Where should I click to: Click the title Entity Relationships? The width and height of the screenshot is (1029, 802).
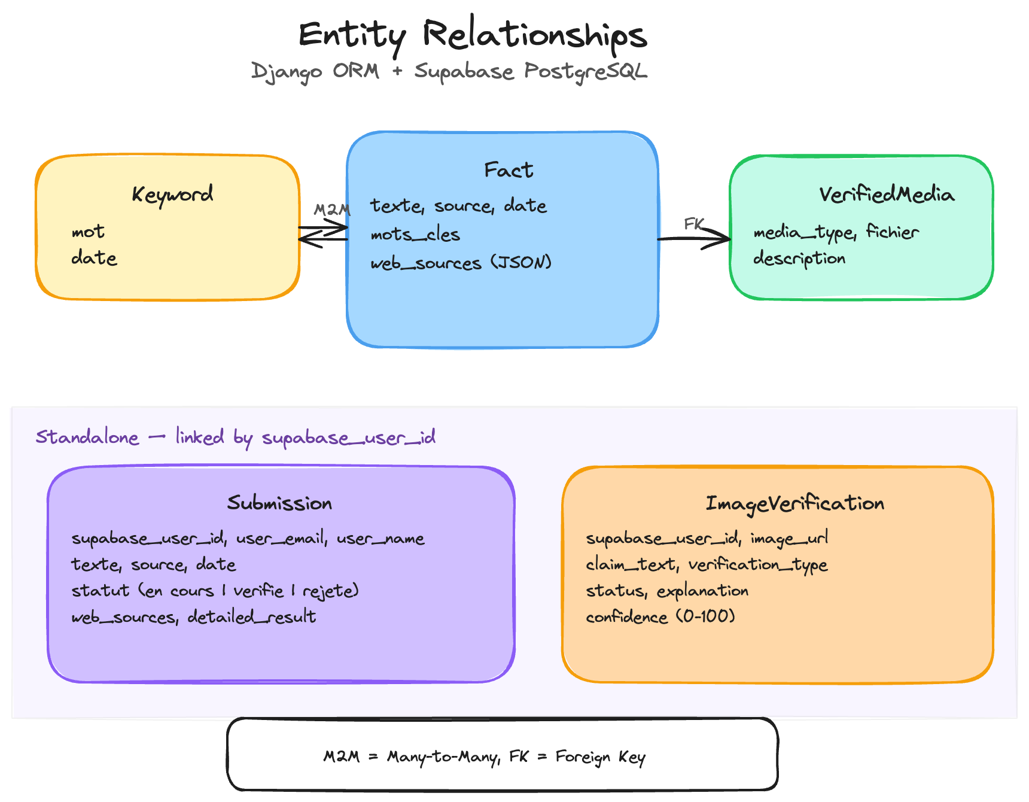point(473,35)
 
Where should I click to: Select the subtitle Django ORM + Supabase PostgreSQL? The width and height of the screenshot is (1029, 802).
point(449,71)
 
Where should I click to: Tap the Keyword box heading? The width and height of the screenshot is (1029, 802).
point(172,194)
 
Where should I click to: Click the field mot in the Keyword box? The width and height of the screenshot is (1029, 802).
point(88,232)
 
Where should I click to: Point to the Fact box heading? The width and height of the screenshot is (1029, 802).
point(508,170)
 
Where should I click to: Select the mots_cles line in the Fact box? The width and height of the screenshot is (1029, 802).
point(415,235)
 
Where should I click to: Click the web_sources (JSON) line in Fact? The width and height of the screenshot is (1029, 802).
point(461,263)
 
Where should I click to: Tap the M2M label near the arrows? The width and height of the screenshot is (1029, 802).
point(332,209)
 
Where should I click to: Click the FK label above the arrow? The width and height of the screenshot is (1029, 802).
point(694,224)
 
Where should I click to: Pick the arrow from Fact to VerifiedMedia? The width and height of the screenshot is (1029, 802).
point(694,239)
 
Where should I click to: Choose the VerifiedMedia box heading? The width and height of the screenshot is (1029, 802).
point(886,195)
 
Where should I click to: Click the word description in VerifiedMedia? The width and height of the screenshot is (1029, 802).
point(799,259)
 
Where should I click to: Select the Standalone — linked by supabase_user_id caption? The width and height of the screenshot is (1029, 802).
point(235,438)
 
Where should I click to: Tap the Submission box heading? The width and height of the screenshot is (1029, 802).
point(279,503)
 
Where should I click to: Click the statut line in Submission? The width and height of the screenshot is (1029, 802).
point(215,591)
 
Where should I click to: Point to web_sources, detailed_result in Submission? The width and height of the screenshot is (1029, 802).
point(193,616)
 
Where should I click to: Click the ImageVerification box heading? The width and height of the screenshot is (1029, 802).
point(794,503)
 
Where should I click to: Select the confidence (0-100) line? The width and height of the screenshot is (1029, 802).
point(660,616)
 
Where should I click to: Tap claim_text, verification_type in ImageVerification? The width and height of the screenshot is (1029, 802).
point(707,564)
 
